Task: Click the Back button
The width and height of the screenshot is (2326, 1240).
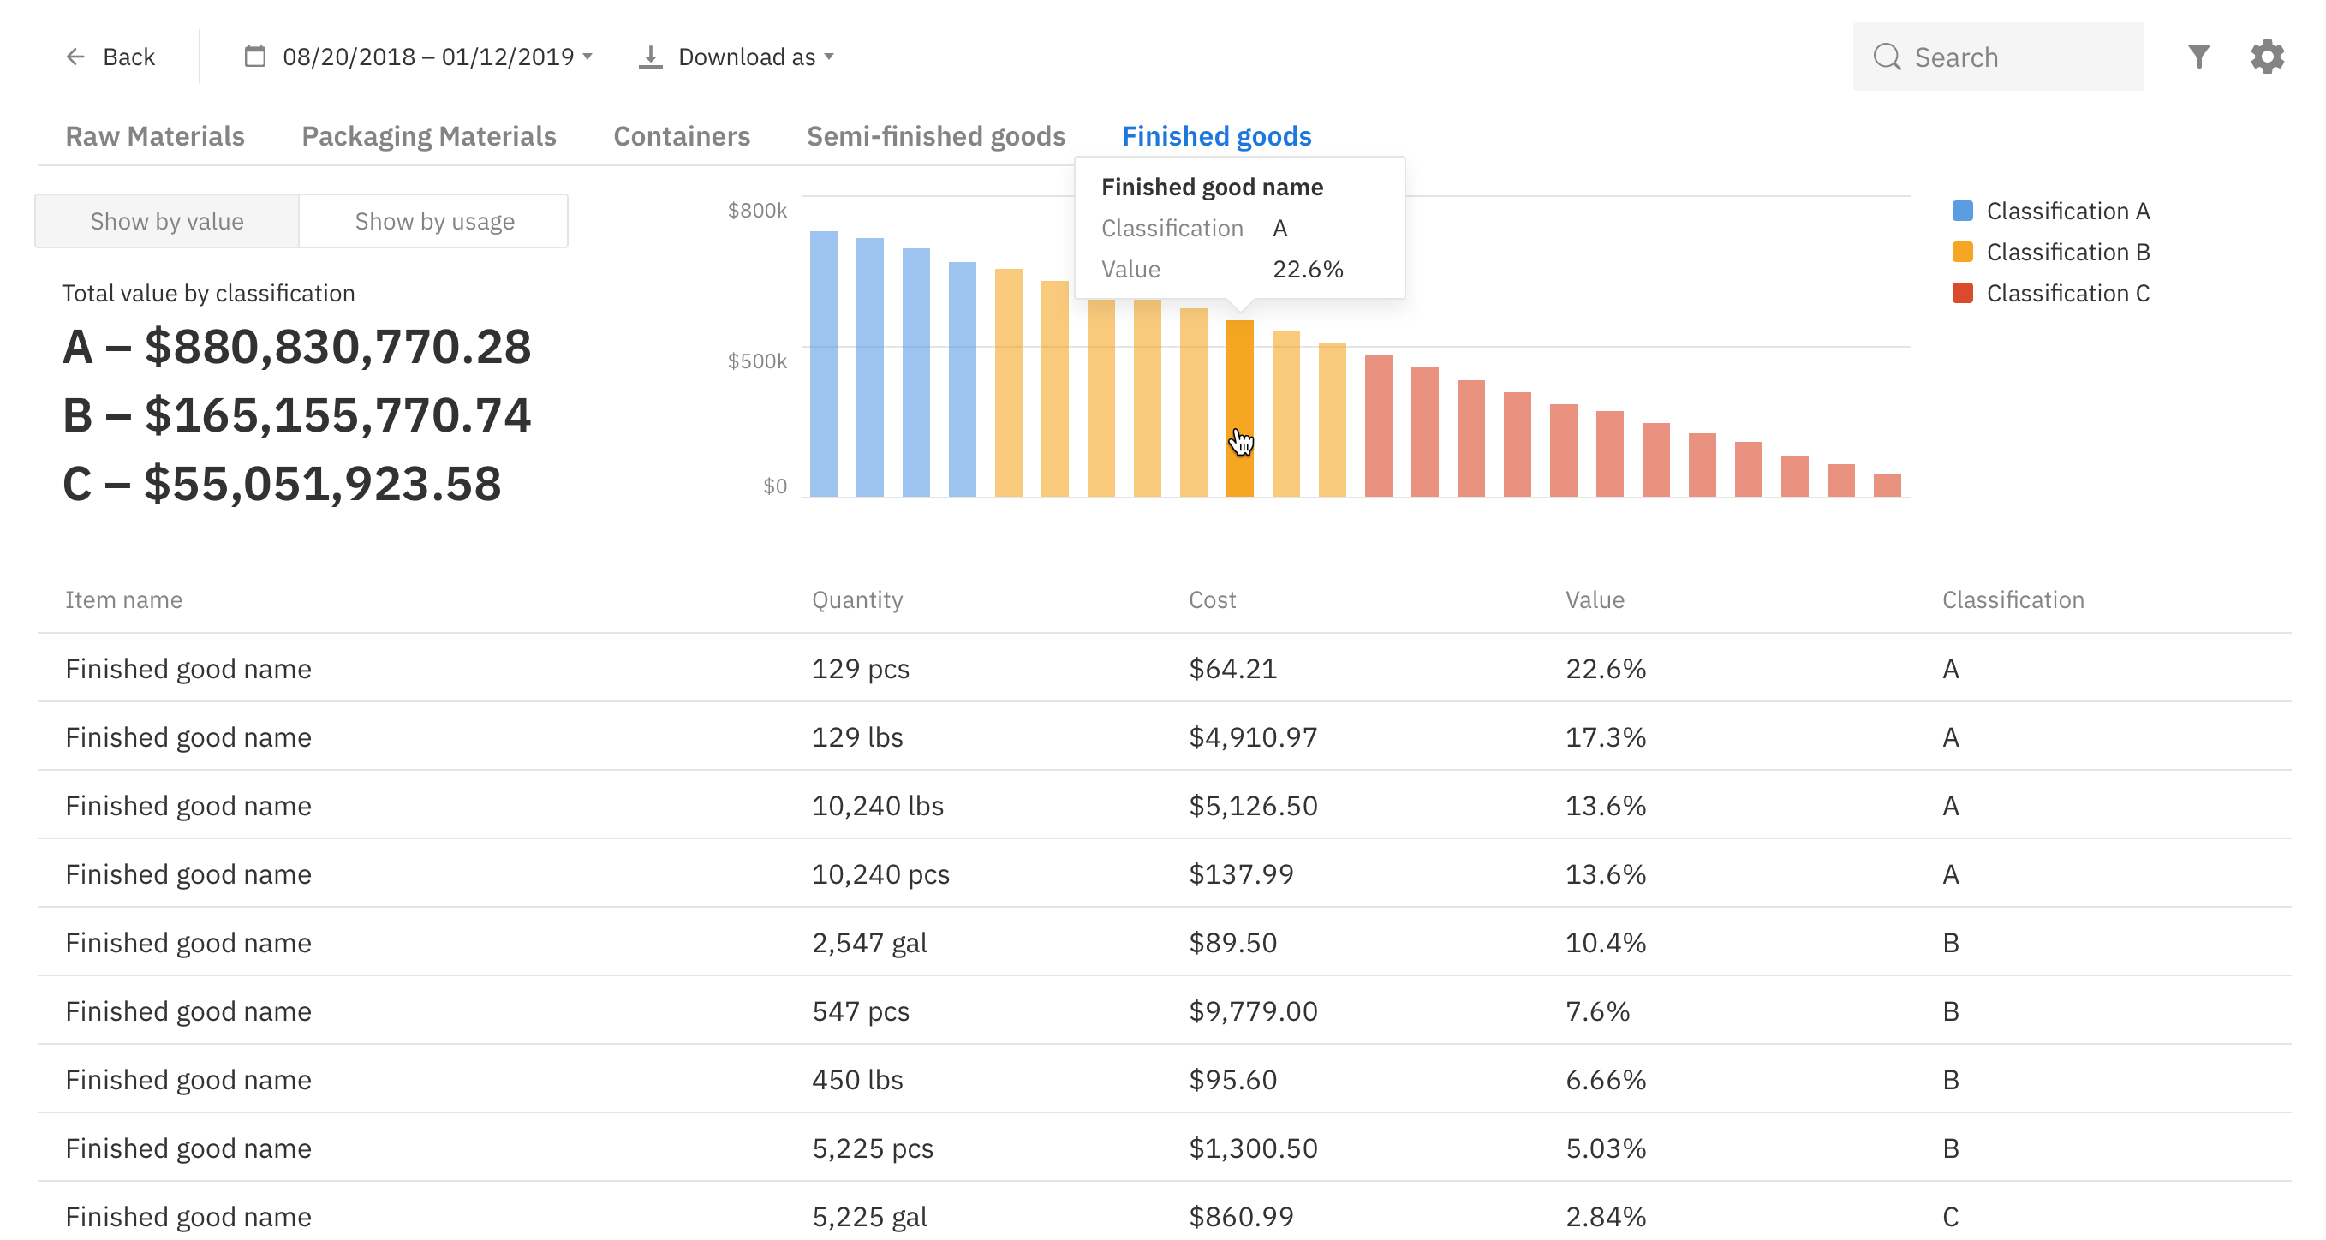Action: coord(111,57)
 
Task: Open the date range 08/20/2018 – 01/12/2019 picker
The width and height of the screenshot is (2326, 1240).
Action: coord(419,57)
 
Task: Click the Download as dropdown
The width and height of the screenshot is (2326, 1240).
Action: coord(737,57)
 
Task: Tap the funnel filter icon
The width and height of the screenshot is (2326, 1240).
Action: coord(2198,57)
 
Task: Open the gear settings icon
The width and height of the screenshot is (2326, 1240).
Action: coord(2266,57)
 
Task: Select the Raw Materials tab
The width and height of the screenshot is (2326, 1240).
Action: coord(154,135)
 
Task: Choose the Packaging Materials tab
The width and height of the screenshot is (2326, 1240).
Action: coord(428,135)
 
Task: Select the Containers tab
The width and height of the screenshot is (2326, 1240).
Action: coord(681,135)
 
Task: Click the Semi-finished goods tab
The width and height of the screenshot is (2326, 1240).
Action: coord(935,135)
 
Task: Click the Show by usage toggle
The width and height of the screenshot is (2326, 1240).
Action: coord(434,221)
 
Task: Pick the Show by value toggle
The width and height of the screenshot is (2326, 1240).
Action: coord(167,221)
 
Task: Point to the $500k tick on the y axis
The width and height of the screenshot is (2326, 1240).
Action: coord(757,361)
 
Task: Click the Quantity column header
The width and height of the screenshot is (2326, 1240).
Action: coord(857,599)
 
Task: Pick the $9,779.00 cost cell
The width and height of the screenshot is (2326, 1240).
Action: coord(1252,1010)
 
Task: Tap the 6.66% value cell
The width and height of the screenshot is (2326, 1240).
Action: coord(1606,1079)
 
